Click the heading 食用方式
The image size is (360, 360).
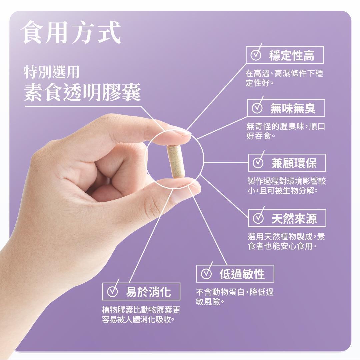click(x=70, y=32)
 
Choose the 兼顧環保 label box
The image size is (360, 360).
click(x=287, y=163)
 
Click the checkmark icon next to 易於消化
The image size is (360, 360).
click(x=113, y=290)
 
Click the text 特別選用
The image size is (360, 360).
click(x=52, y=72)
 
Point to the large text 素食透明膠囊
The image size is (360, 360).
click(x=82, y=92)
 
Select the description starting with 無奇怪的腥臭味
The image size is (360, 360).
click(x=286, y=131)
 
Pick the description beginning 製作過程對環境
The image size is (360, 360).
click(x=287, y=186)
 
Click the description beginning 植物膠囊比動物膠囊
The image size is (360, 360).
click(x=141, y=315)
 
